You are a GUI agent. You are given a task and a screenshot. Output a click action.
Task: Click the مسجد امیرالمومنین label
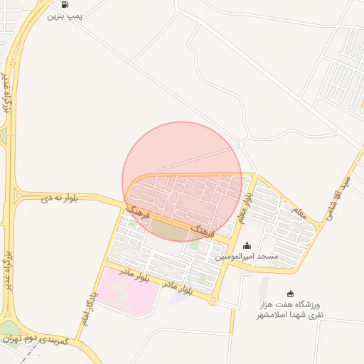coord(247,256)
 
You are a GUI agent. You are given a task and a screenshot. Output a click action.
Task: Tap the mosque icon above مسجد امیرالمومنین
coord(247,246)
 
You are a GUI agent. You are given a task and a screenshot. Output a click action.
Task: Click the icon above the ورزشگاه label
coord(289,294)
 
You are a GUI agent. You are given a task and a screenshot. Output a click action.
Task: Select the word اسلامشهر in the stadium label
coord(272,314)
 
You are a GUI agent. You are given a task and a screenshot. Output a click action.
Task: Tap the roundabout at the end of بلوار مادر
coord(213,300)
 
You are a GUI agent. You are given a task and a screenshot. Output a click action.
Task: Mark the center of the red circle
coord(182,181)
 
